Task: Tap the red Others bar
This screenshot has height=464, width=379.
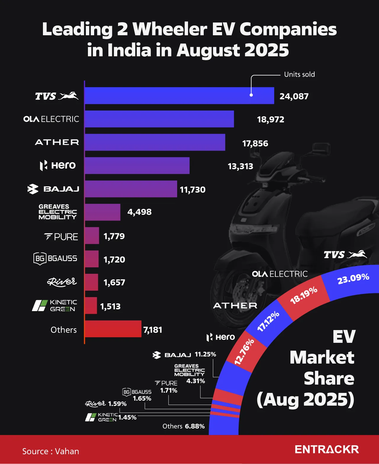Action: pyautogui.click(x=113, y=329)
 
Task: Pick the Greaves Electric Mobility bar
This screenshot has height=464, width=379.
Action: pyautogui.click(x=102, y=212)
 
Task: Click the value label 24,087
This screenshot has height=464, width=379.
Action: pyautogui.click(x=294, y=96)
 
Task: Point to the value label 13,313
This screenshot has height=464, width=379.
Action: pyautogui.click(x=240, y=166)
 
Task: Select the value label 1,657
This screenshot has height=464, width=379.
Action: pyautogui.click(x=114, y=282)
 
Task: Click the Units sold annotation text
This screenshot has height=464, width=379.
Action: pyautogui.click(x=299, y=74)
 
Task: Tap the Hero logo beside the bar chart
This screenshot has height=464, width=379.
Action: pyautogui.click(x=58, y=165)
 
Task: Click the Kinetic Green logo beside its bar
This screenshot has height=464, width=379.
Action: pyautogui.click(x=54, y=305)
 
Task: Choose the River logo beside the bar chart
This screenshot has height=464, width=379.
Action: pyautogui.click(x=62, y=282)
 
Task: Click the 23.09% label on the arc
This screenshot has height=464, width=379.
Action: pyautogui.click(x=353, y=279)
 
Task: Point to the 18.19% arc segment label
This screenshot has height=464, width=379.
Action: pyautogui.click(x=304, y=295)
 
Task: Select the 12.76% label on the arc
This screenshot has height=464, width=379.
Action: pyautogui.click(x=244, y=351)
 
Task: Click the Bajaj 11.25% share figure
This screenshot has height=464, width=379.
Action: pyautogui.click(x=205, y=354)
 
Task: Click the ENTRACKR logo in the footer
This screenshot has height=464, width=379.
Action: pyautogui.click(x=327, y=449)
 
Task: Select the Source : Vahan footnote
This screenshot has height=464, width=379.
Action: pyautogui.click(x=51, y=451)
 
